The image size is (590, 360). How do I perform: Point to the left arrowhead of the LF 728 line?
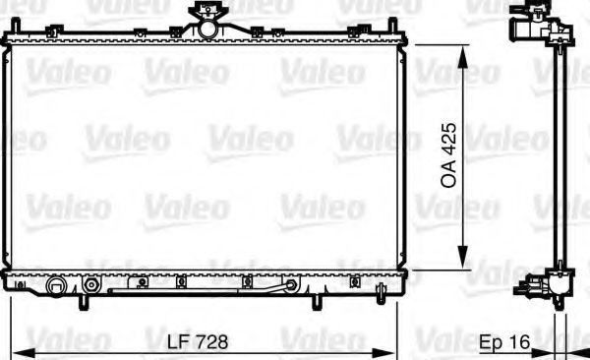(x=22, y=351)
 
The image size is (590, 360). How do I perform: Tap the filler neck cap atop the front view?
(x=206, y=14)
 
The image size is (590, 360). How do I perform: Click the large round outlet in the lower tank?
(x=57, y=287)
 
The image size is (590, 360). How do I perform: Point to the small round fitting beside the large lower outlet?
(x=90, y=286)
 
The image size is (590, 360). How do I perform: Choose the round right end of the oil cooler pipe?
(x=291, y=286)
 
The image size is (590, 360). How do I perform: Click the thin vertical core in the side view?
(x=559, y=157)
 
